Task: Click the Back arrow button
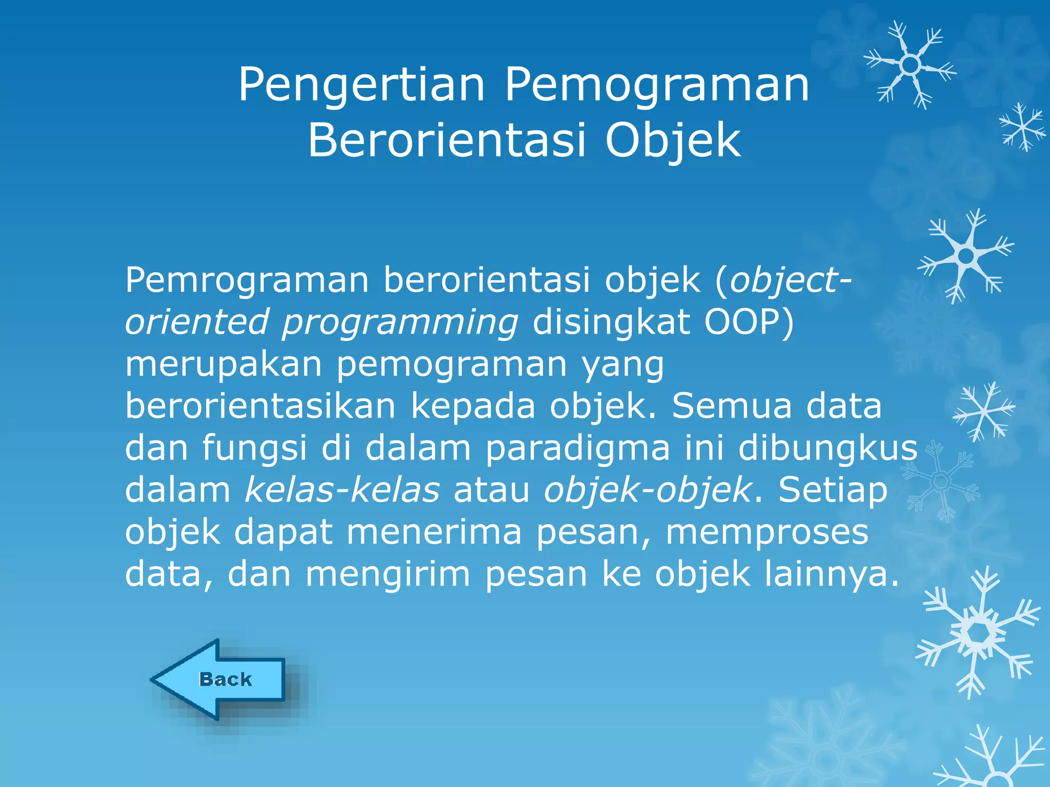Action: (x=220, y=679)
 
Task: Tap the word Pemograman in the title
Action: (x=657, y=86)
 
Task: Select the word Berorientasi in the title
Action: (x=446, y=141)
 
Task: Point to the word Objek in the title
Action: (x=673, y=141)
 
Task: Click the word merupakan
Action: (x=224, y=365)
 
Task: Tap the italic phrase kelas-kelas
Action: (x=342, y=490)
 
